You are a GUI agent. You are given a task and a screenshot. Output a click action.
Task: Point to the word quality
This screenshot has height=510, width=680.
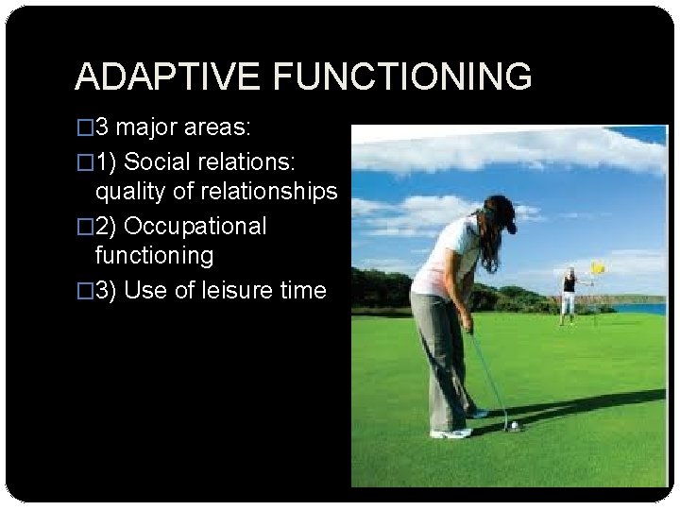(x=128, y=192)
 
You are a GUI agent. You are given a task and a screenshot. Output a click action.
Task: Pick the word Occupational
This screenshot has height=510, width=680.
(x=195, y=226)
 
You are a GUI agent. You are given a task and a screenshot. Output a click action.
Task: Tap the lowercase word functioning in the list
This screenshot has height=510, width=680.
(x=154, y=256)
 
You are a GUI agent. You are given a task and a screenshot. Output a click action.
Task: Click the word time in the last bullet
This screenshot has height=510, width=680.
(x=301, y=290)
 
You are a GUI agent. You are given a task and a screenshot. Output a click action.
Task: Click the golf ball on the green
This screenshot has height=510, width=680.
(x=514, y=426)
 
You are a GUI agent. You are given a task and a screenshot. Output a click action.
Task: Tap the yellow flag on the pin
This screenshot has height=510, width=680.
(x=597, y=268)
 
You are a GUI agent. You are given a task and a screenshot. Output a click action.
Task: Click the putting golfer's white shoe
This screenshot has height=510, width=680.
(x=450, y=433)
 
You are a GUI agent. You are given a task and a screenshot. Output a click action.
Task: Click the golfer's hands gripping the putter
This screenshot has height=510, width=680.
(x=467, y=324)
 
